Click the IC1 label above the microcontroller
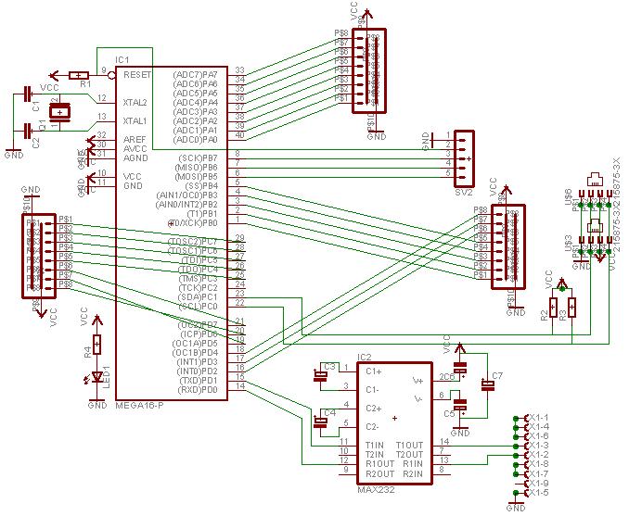(122, 59)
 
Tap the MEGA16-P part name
(140, 406)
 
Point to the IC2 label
(365, 357)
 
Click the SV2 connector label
(464, 193)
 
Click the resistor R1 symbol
(81, 75)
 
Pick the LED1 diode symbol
(96, 379)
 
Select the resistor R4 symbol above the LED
(96, 347)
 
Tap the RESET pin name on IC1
(137, 74)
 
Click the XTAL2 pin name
(135, 102)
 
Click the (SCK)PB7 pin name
(197, 157)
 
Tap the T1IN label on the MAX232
(351, 446)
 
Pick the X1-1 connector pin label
(537, 418)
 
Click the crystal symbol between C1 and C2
(60, 114)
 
